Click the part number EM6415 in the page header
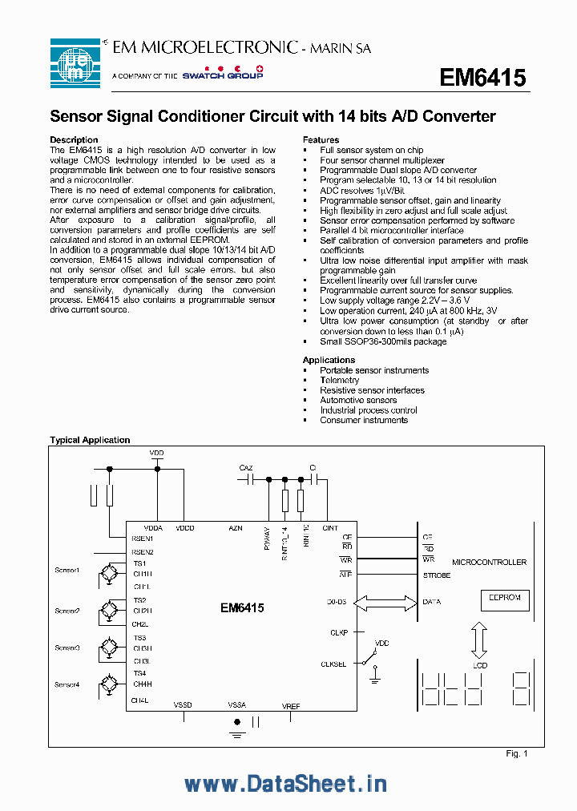coord(482,78)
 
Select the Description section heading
coord(74,139)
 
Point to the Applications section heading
coord(329,360)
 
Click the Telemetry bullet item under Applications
coord(340,381)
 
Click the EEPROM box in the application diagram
coord(505,598)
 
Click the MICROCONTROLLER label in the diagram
coord(490,563)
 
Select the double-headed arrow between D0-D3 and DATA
coord(385,601)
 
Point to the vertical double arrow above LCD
coord(478,641)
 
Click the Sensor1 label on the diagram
coord(67,571)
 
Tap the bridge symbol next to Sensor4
coord(106,685)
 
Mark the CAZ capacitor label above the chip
coord(246,467)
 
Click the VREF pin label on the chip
coord(291,705)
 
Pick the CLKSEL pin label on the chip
coord(333,664)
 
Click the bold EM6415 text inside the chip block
coord(242,608)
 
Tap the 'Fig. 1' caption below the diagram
coord(517,753)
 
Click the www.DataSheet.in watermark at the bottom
coord(285,783)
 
